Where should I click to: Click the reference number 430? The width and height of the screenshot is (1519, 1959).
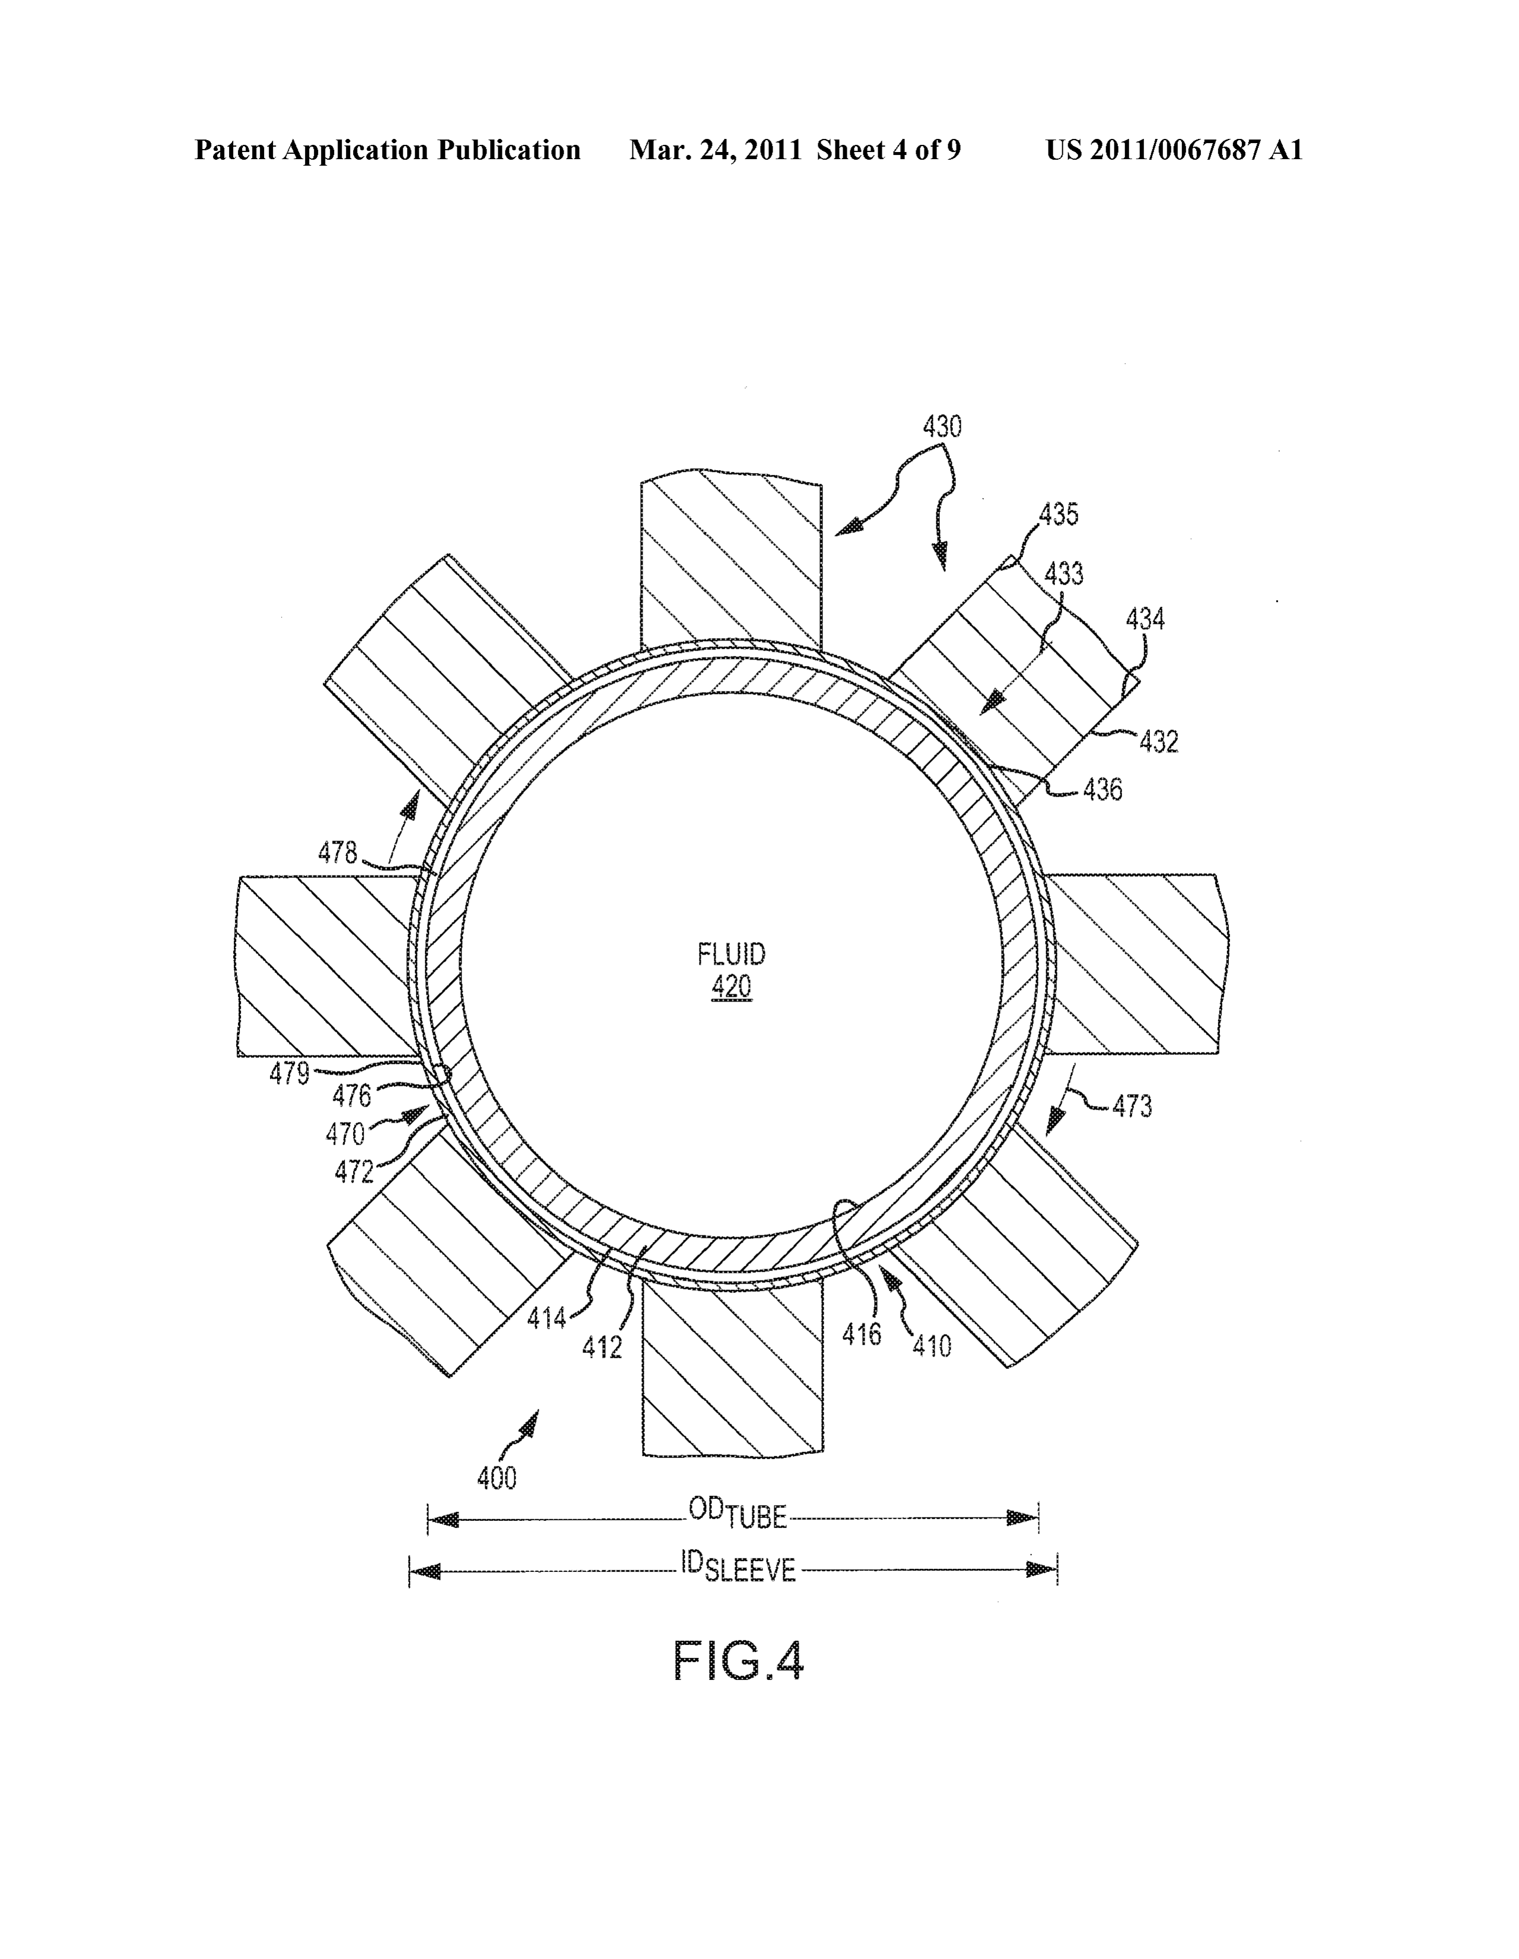(942, 426)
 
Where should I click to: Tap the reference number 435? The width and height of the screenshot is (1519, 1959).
(1059, 515)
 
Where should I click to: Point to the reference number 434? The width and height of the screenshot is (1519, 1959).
(1145, 619)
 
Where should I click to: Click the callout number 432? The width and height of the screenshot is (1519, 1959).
(1158, 742)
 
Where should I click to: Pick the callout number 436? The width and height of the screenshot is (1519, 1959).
(1102, 790)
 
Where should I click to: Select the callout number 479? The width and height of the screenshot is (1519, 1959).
(290, 1074)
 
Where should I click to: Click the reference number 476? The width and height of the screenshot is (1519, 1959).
(351, 1096)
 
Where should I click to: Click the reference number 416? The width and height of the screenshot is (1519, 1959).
(862, 1334)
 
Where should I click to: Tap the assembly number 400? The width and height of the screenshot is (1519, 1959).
(497, 1478)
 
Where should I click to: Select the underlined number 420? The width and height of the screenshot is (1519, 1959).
(732, 988)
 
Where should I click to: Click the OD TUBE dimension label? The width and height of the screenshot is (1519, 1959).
(737, 1514)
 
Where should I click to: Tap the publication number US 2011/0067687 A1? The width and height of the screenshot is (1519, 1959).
(1174, 150)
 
